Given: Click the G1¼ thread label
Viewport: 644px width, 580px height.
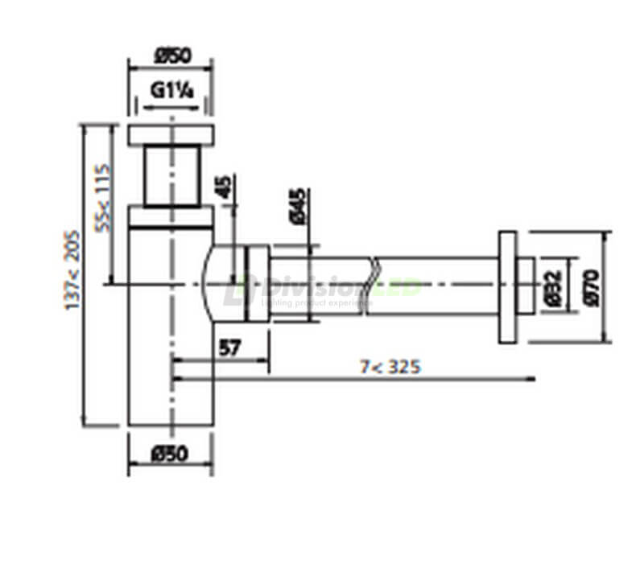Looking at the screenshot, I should (171, 90).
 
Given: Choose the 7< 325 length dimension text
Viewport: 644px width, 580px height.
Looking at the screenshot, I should (390, 367).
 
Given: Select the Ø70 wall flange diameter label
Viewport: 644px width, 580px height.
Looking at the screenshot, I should (592, 286).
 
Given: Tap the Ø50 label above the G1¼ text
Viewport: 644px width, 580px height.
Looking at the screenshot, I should (171, 56).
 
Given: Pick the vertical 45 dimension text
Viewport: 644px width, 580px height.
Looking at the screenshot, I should (225, 188).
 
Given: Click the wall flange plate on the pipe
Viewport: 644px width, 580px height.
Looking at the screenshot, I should (507, 287).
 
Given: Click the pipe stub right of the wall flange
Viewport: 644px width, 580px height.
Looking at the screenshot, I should (526, 286).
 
